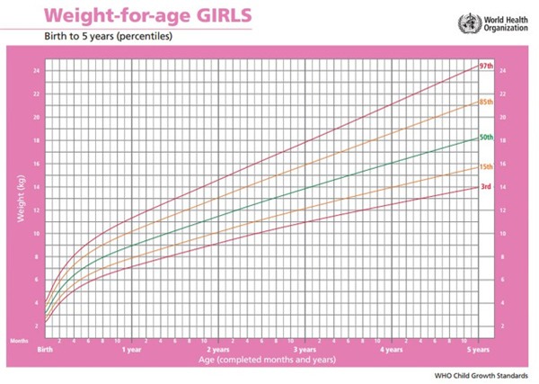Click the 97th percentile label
point(485,67)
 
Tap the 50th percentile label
point(485,138)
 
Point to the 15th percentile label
point(485,167)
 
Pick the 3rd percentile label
point(484,187)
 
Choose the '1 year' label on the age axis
point(131,352)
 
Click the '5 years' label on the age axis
point(479,352)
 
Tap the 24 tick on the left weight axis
point(37,70)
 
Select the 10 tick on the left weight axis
point(37,233)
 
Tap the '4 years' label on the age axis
point(392,352)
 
